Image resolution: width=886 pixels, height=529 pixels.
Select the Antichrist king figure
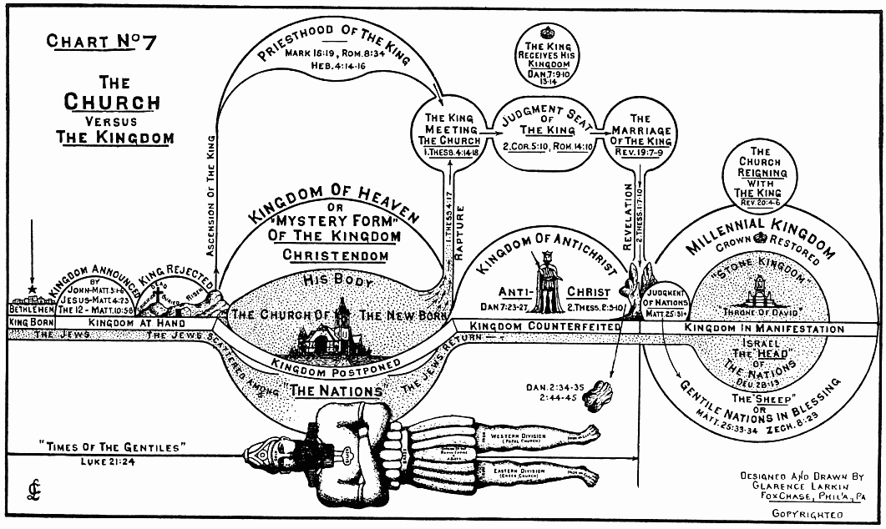click(548, 285)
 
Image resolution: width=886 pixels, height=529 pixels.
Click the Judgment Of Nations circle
click(667, 300)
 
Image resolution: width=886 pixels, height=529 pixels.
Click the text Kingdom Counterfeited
click(544, 326)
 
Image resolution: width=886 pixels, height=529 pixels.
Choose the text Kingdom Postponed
click(335, 367)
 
